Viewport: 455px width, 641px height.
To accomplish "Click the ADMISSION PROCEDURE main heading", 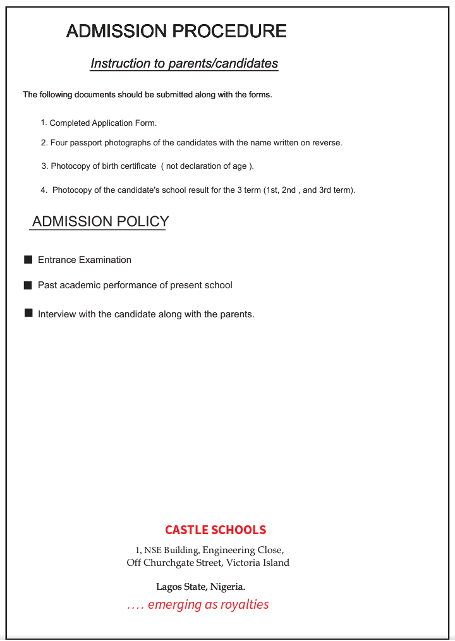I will click(x=176, y=30).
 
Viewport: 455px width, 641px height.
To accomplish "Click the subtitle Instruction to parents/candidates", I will click(x=184, y=63).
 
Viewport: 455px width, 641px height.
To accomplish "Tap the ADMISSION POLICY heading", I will click(x=100, y=221).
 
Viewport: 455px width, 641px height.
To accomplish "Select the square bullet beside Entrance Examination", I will click(x=28, y=260).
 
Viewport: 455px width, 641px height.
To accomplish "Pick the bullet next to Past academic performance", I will click(x=28, y=285).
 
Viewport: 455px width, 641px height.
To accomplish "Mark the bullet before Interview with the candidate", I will click(x=28, y=314).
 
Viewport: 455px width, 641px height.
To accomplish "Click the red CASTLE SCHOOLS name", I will click(x=215, y=530).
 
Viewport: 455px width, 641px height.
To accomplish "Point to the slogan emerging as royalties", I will click(x=208, y=605).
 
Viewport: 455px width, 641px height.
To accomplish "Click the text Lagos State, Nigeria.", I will click(x=200, y=587).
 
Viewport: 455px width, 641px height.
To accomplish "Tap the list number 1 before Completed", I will click(x=44, y=123).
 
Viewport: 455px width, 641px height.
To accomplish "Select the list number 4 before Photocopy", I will click(x=44, y=190).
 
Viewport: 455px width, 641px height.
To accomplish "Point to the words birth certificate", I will click(x=129, y=166).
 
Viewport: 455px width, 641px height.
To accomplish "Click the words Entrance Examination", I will click(x=85, y=260).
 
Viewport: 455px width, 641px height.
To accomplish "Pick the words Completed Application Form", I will click(x=103, y=123).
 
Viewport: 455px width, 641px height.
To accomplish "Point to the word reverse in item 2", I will click(x=327, y=143).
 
